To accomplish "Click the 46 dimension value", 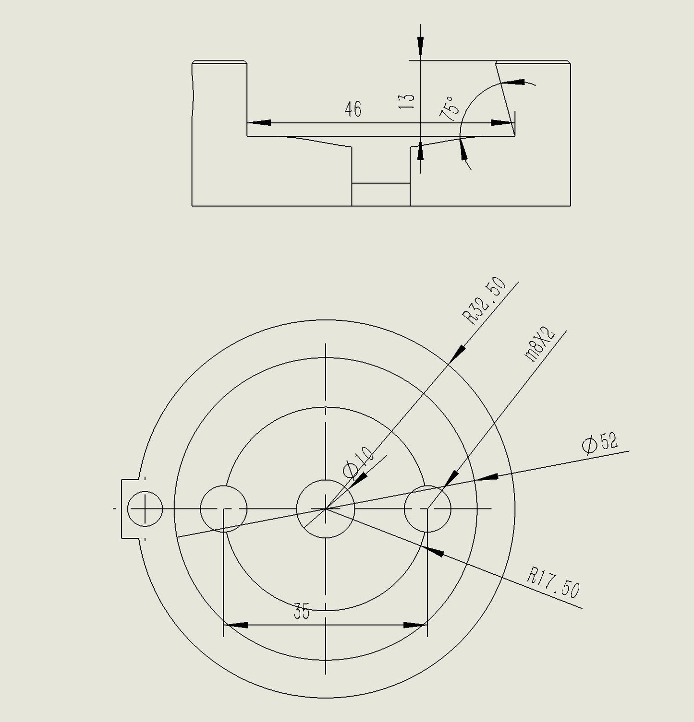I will click(353, 109).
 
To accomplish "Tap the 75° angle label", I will click(449, 107).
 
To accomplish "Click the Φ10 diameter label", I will click(358, 463).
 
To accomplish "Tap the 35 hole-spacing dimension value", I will click(302, 613).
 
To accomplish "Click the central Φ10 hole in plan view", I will click(325, 509).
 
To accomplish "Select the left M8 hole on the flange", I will click(223, 509).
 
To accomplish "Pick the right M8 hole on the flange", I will click(427, 509).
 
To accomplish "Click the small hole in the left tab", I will click(145, 509).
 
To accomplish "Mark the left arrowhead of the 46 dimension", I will click(258, 123).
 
